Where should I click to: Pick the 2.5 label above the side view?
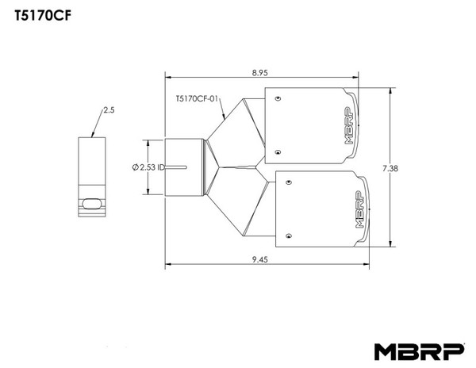[x=109, y=111]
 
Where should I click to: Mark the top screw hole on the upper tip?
[x=277, y=100]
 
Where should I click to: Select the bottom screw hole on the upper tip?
[x=277, y=151]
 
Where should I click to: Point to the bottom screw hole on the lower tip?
[x=288, y=234]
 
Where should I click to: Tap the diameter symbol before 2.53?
[x=135, y=167]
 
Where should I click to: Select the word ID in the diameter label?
[x=160, y=167]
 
